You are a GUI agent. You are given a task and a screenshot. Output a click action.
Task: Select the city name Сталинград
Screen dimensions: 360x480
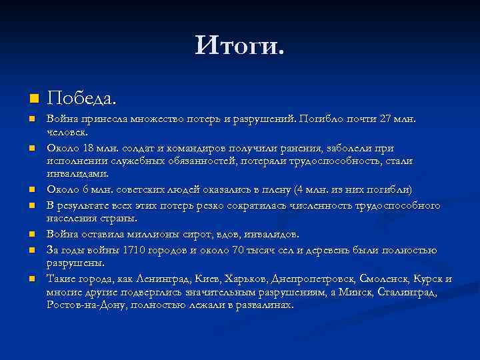pyautogui.click(x=406, y=292)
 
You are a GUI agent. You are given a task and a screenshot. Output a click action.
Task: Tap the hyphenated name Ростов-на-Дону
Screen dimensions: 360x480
pyautogui.click(x=87, y=305)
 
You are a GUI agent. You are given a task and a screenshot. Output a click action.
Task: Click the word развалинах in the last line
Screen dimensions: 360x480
pyautogui.click(x=265, y=305)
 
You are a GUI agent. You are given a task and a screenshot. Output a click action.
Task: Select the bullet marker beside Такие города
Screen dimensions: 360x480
pyautogui.click(x=31, y=279)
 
